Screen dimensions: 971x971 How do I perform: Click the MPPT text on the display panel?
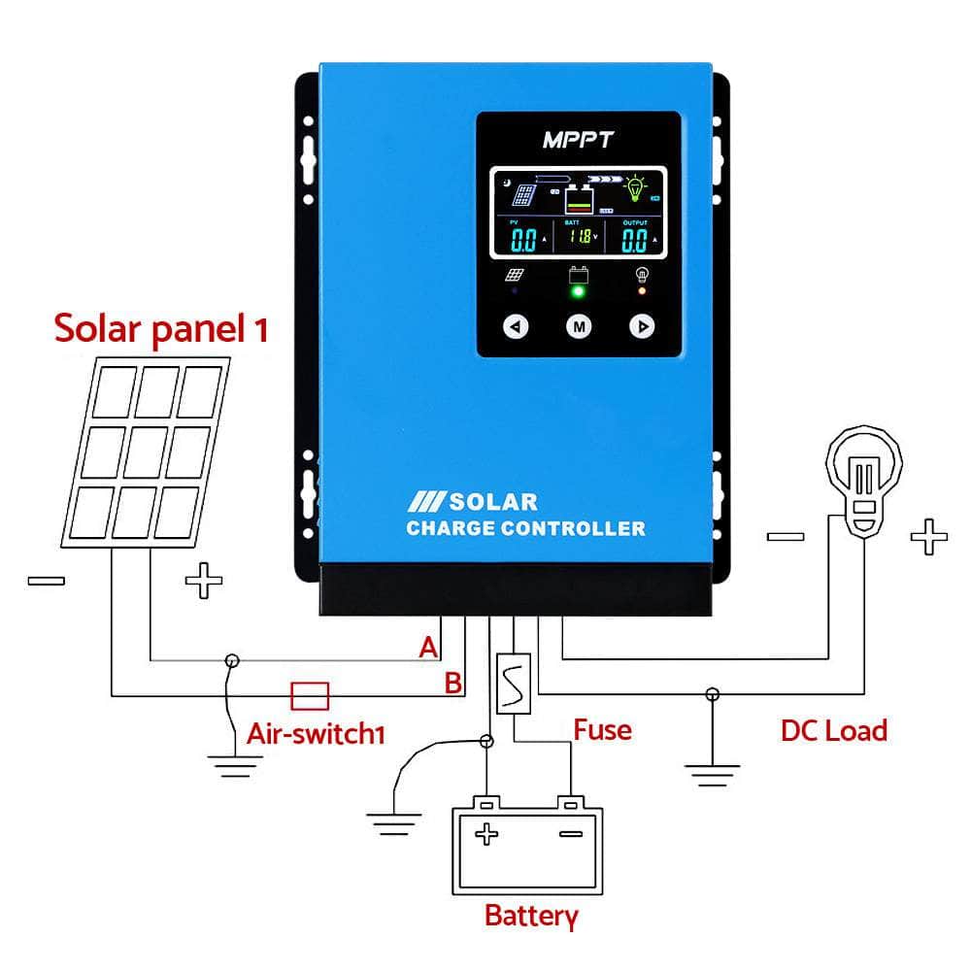(x=578, y=140)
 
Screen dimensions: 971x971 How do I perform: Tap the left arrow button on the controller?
(x=517, y=326)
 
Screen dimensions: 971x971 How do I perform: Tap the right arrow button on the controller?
(x=642, y=326)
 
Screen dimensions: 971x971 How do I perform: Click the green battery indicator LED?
(x=579, y=290)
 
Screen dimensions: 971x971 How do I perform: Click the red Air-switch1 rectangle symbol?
(x=311, y=695)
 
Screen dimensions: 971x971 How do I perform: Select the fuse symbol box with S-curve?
(x=512, y=685)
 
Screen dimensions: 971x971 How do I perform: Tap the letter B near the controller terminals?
(x=452, y=683)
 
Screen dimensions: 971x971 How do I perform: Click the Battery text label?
(x=531, y=915)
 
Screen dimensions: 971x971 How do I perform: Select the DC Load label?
(x=833, y=730)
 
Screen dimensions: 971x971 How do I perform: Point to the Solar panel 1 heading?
(x=160, y=328)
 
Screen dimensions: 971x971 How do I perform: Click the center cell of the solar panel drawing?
(x=144, y=450)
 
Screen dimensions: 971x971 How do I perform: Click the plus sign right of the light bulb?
(x=928, y=536)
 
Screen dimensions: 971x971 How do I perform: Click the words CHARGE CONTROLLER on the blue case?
(x=525, y=528)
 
